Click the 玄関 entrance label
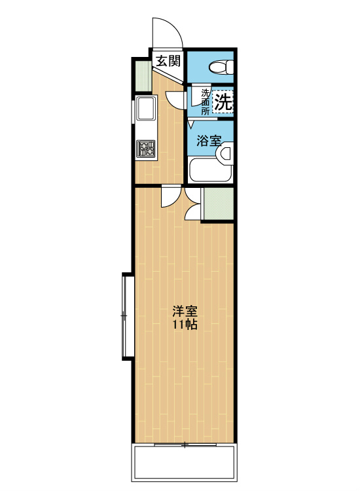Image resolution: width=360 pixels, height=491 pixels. (168, 61)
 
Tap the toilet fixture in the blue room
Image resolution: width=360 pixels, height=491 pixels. (222, 67)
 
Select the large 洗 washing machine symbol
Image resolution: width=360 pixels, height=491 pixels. (223, 101)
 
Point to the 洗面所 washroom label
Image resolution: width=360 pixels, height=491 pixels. (206, 101)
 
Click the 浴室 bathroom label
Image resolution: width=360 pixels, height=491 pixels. (209, 141)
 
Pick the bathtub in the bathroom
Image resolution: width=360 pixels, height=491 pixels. (210, 170)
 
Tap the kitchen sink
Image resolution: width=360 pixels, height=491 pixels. (145, 108)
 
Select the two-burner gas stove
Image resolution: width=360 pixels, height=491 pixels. (146, 149)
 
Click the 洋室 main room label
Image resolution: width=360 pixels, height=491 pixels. (185, 312)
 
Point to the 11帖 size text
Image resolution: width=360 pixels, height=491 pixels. (185, 325)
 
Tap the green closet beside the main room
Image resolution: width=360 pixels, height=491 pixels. (219, 204)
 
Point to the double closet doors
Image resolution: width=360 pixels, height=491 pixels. (192, 203)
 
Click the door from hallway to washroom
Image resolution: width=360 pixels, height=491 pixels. (176, 99)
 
